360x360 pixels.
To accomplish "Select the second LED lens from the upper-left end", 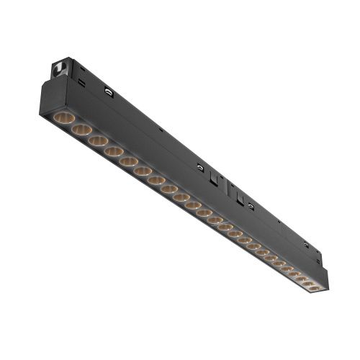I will coord(81,130).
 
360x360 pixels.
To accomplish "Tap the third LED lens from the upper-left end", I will coord(98,141).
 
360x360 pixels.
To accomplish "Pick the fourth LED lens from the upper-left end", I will coord(113,153).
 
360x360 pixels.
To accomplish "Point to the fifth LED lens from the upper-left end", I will coord(128,163).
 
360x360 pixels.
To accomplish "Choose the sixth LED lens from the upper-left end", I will coord(143,173).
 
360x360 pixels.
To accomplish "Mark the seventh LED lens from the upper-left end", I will coord(156,182).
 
